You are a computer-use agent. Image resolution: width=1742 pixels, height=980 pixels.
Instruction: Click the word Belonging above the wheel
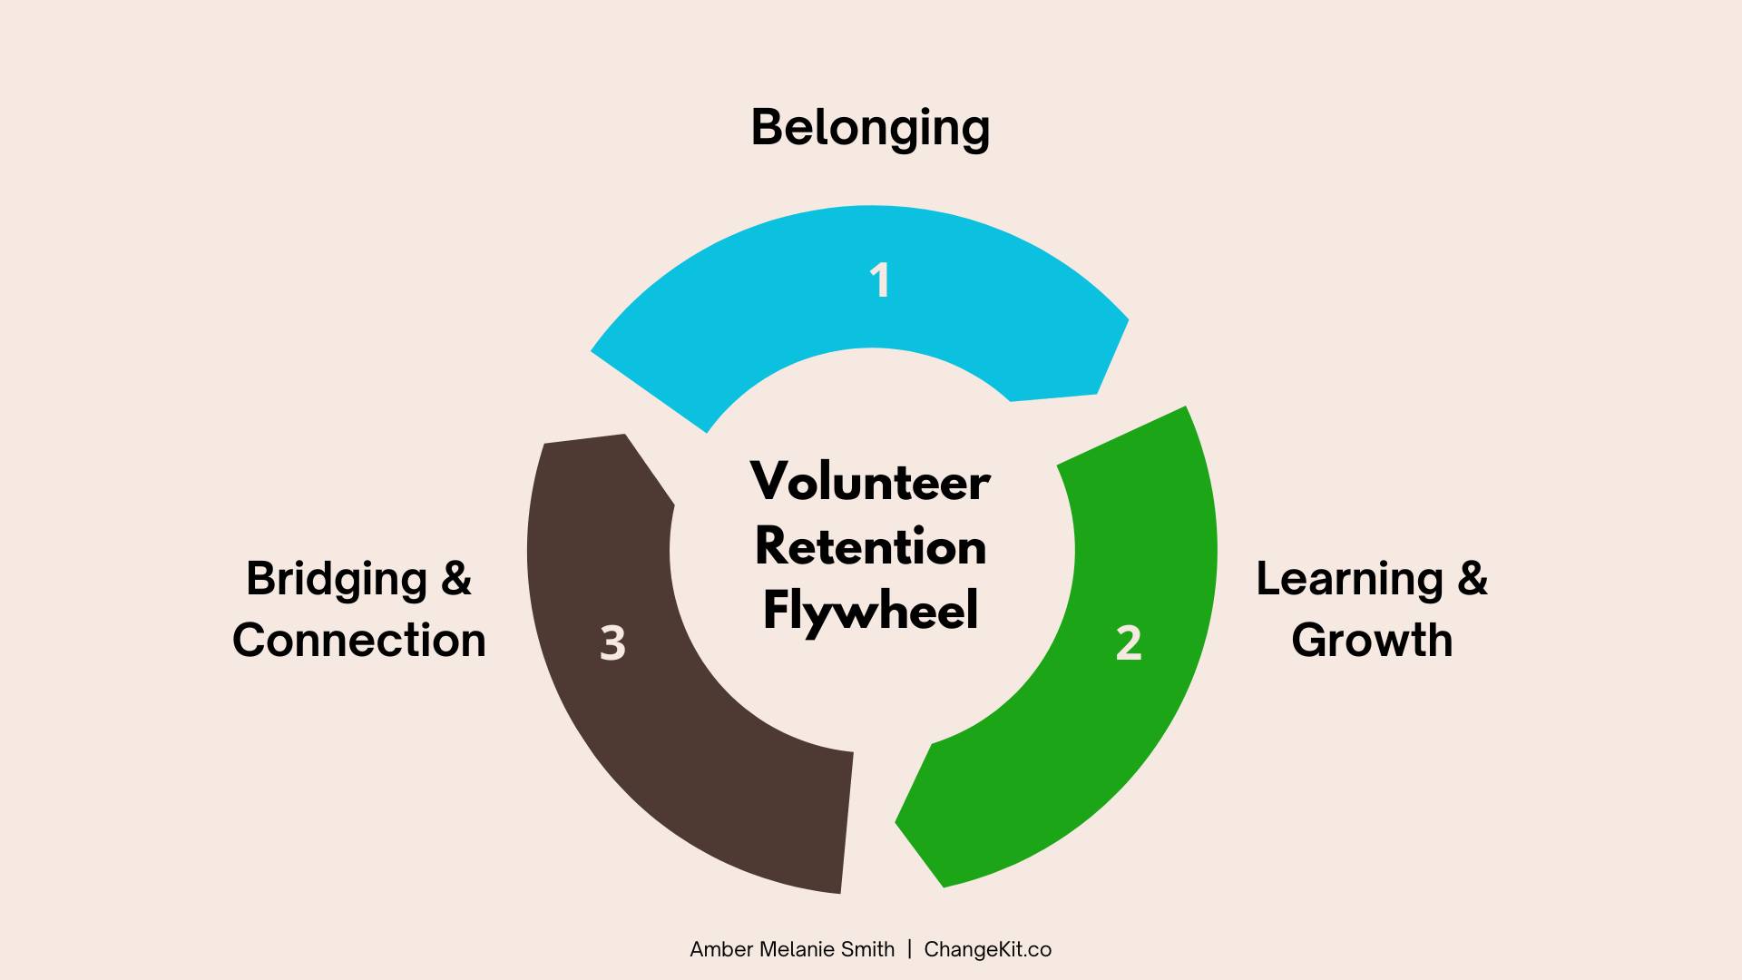870,129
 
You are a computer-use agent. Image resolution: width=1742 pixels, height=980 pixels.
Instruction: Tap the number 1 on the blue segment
879,280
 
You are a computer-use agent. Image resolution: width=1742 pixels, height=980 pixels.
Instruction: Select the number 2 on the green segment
1129,643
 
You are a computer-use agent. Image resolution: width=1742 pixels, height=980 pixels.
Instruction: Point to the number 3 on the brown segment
612,643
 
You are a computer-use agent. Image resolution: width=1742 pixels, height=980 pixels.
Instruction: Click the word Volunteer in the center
870,481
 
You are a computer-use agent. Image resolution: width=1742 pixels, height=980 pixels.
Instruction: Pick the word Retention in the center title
870,546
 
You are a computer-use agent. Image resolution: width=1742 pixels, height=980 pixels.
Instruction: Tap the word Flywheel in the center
870,611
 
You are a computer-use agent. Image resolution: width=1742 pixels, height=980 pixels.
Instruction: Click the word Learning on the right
1348,581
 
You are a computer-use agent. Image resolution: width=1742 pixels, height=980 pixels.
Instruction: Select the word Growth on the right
1372,641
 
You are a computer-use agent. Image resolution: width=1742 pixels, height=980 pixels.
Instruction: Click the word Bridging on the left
337,581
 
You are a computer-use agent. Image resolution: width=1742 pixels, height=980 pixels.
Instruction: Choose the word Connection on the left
359,641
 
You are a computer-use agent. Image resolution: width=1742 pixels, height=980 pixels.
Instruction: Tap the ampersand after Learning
1473,578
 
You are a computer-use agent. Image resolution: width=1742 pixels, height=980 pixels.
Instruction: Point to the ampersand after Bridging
456,578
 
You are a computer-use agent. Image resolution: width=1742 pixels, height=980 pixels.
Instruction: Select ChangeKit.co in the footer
988,950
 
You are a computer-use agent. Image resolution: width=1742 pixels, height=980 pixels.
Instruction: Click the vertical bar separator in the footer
909,950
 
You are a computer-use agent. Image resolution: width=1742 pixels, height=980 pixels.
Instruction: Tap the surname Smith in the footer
868,949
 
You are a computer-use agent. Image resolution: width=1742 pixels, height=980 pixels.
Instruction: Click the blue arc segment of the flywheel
870,277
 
